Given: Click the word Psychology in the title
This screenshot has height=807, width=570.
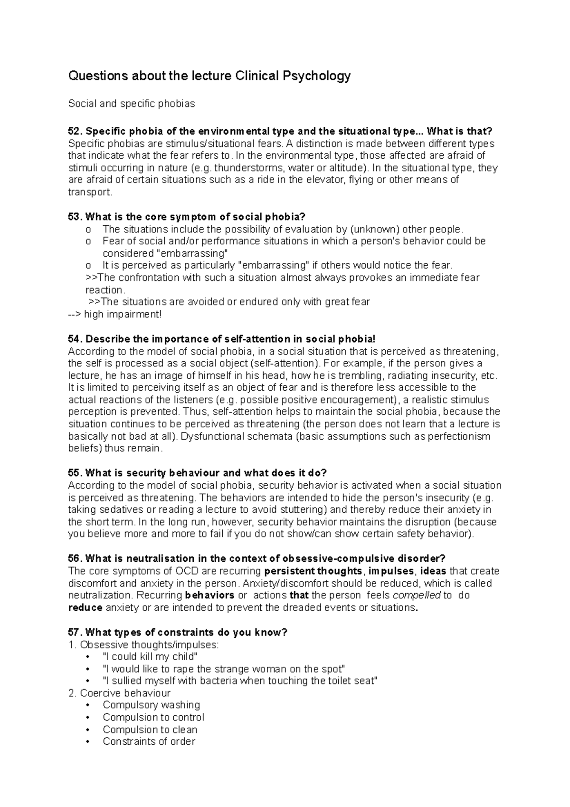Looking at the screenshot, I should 320,76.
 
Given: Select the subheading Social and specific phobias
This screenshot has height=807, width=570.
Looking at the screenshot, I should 132,104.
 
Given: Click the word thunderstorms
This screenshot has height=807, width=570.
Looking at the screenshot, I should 247,168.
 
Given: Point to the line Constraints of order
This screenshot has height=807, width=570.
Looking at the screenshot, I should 149,741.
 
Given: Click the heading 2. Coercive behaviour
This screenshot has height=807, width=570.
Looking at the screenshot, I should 119,693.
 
